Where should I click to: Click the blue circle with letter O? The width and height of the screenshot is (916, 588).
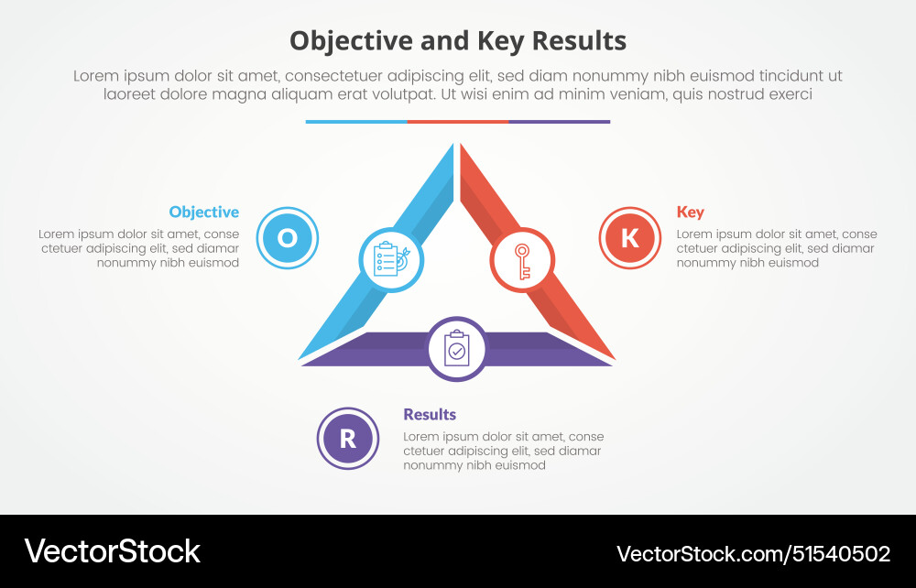click(288, 238)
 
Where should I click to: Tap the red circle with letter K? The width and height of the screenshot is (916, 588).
click(630, 238)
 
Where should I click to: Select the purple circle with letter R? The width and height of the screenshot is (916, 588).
click(348, 439)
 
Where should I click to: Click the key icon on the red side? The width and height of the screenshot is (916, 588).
click(523, 260)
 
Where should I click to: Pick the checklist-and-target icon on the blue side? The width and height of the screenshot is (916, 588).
click(390, 260)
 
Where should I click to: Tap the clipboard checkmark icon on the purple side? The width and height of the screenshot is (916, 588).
click(457, 349)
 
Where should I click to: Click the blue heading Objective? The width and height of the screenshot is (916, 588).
click(203, 212)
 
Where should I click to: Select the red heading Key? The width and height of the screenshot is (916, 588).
click(690, 212)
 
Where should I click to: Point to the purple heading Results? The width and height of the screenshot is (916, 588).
click(430, 414)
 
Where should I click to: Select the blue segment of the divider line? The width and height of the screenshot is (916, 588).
click(356, 121)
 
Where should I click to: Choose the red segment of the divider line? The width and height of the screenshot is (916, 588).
click(458, 121)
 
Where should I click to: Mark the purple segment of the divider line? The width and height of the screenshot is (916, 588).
click(560, 121)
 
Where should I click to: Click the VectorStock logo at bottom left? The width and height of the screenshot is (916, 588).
click(112, 550)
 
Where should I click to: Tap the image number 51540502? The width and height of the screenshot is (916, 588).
click(838, 553)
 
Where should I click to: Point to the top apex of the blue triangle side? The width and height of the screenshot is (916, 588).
click(452, 147)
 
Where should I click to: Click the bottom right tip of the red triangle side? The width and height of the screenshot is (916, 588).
click(611, 358)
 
